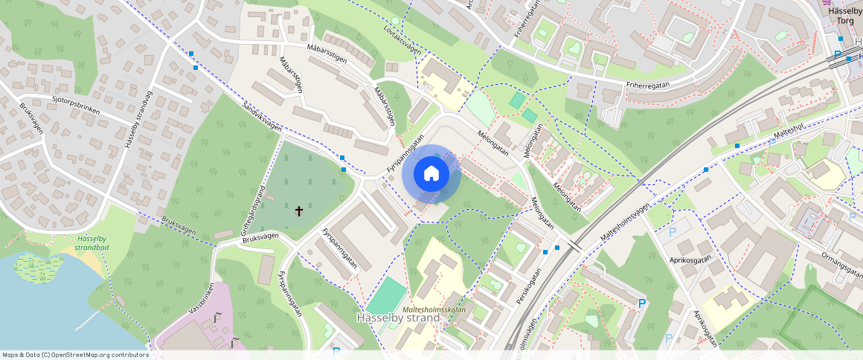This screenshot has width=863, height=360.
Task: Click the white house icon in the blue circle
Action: pyautogui.click(x=431, y=174)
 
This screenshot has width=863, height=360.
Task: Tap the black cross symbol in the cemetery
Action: pyautogui.click(x=300, y=211)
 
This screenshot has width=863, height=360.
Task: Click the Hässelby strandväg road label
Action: pyautogui.click(x=139, y=121)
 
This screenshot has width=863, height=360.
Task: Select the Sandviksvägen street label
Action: pyautogui.click(x=262, y=118)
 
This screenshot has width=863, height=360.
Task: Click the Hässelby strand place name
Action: pyautogui.click(x=398, y=318)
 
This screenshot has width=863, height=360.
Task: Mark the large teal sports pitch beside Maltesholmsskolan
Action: pyautogui.click(x=388, y=295)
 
